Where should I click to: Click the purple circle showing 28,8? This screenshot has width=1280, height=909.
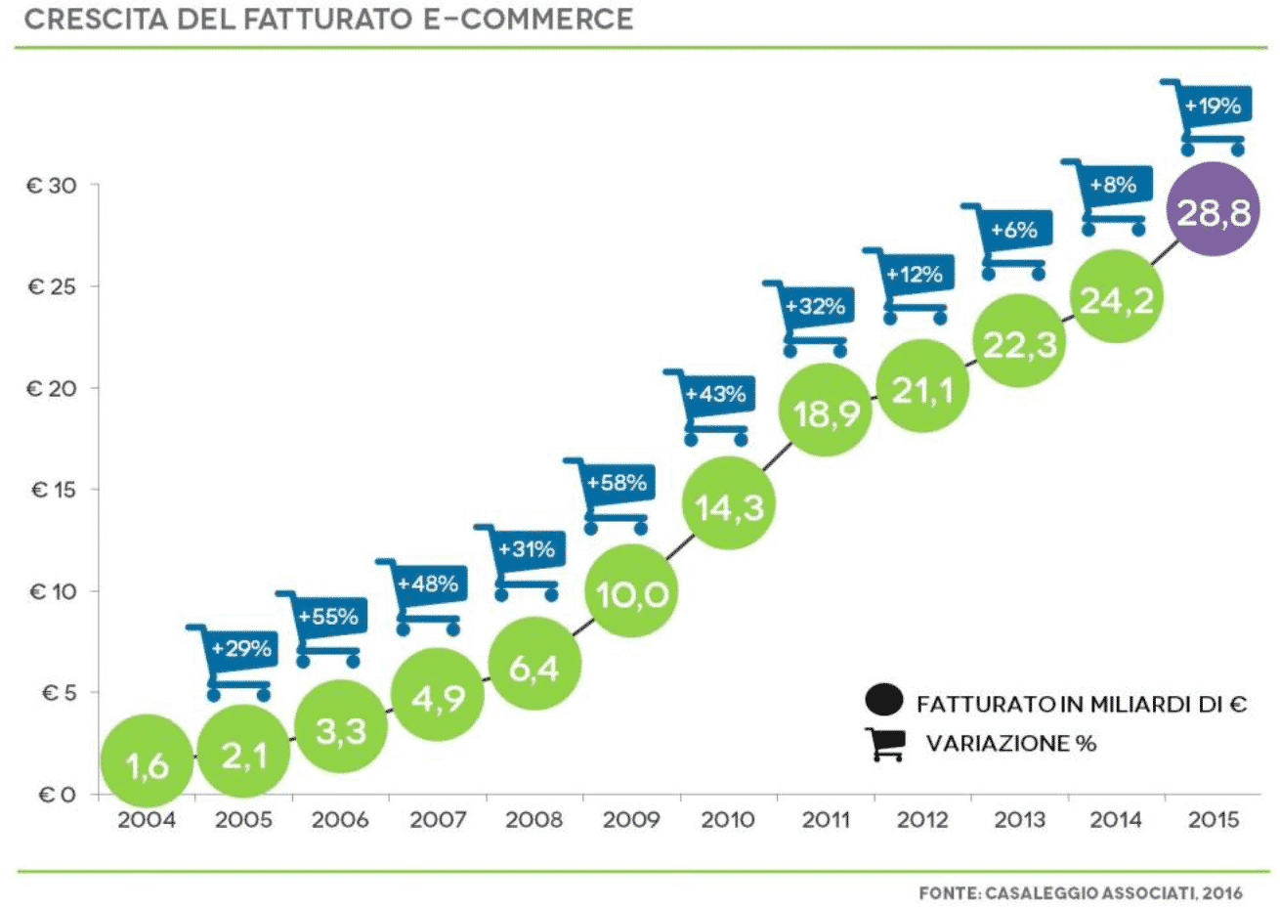[1213, 210]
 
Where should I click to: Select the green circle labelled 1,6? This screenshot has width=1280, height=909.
[148, 763]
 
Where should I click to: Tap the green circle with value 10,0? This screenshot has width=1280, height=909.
[632, 592]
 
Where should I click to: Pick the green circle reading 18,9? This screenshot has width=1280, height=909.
[826, 411]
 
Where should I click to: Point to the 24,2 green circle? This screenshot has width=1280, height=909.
[1116, 298]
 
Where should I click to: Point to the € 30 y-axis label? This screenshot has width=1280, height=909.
[52, 186]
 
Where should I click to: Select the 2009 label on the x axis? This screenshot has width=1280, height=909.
[631, 820]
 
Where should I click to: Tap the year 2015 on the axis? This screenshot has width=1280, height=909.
[1213, 820]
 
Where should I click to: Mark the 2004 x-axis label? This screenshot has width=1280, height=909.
[147, 820]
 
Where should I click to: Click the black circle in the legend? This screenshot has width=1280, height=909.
[884, 701]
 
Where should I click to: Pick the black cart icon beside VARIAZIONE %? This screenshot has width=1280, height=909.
[885, 744]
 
